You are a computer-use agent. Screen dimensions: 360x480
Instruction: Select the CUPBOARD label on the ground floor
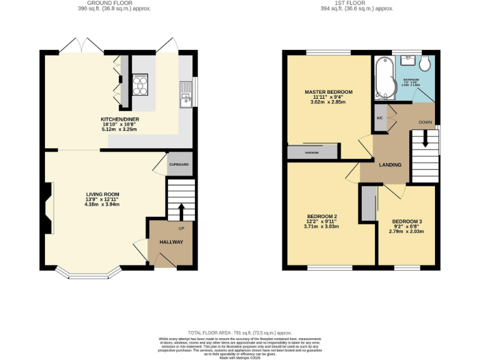coord(179,164)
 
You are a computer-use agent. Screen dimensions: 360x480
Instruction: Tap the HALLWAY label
coord(171,242)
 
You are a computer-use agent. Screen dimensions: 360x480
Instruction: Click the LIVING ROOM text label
coord(102,194)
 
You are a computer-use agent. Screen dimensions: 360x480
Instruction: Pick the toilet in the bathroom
coord(425,62)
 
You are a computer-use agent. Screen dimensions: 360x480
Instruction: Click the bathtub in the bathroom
coord(382,77)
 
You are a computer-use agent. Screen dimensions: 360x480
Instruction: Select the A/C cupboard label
coord(379,118)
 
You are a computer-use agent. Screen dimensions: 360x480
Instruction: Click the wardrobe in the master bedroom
coord(312,152)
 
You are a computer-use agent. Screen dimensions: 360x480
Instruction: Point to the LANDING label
coord(389,164)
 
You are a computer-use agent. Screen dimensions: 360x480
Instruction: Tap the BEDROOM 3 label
coord(406,222)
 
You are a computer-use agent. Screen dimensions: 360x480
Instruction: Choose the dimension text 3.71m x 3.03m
coord(321,227)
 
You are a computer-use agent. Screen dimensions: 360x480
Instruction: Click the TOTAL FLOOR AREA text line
coord(239,333)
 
